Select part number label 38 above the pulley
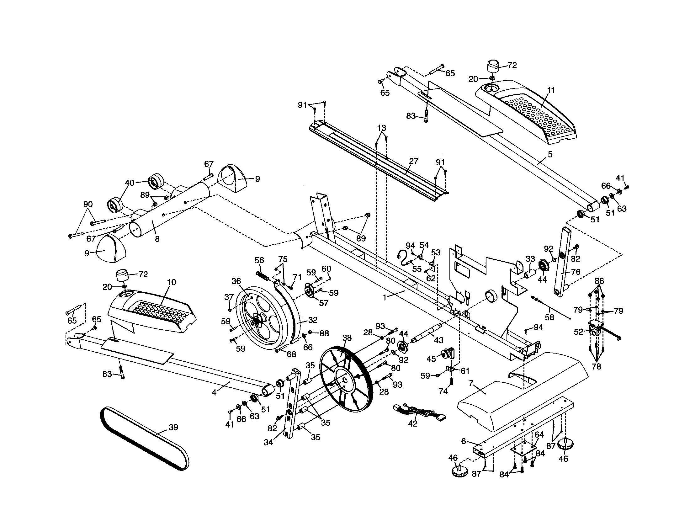point(347,338)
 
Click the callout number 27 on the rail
point(413,161)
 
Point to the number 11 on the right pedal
point(551,90)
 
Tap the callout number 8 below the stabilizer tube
point(157,239)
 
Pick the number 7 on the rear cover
point(471,383)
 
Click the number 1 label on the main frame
point(385,298)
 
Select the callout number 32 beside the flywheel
point(312,320)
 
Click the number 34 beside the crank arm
point(268,442)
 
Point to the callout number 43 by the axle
point(438,340)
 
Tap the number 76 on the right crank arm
point(576,272)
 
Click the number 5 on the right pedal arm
point(550,154)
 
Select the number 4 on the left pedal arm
point(215,393)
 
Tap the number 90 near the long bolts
point(88,205)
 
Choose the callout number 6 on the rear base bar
point(464,441)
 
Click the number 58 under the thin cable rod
point(549,317)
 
